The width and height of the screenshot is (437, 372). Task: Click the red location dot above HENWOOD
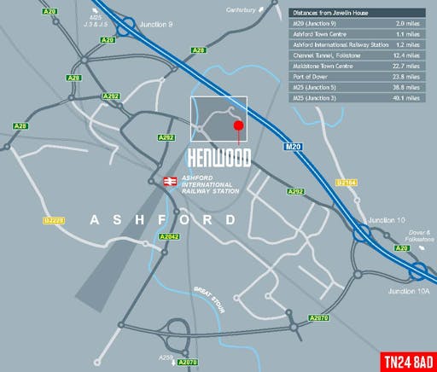click(x=238, y=126)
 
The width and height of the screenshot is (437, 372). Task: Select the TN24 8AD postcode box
click(x=405, y=358)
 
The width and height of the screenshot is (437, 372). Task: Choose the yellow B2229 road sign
click(x=54, y=221)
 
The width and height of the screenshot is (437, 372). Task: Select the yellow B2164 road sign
click(x=346, y=183)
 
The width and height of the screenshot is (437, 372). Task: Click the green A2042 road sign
click(x=170, y=236)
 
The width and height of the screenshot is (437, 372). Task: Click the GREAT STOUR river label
click(x=209, y=298)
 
